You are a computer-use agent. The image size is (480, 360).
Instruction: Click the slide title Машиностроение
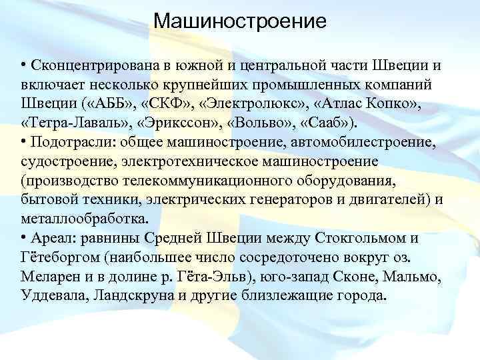[x=240, y=21]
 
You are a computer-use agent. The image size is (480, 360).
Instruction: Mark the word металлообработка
[x=84, y=219]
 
